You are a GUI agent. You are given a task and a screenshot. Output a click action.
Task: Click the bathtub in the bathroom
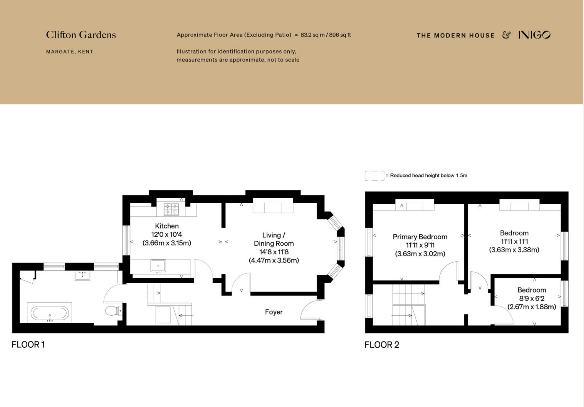pos(50,313)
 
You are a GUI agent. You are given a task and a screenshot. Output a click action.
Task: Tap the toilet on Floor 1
pos(114,310)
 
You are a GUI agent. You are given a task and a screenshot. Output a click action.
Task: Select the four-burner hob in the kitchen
pos(171,209)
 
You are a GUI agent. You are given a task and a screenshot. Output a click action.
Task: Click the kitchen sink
pos(158,266)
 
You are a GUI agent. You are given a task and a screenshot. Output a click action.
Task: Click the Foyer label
pos(274,312)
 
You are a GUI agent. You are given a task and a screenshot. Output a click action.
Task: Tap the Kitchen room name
pos(167,226)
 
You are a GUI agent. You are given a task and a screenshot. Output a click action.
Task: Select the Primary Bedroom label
pos(420,237)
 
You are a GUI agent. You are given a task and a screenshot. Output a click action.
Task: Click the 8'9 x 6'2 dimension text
pos(532,298)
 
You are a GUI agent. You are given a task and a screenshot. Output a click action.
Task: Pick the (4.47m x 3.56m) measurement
pos(274,260)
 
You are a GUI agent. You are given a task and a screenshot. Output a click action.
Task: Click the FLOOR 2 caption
pos(382,345)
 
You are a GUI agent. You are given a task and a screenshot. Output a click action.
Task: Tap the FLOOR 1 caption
pos(28,344)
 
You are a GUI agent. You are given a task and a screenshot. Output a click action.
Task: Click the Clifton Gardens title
pos(81,35)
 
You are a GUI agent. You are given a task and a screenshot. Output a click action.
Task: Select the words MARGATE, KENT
pos(70,52)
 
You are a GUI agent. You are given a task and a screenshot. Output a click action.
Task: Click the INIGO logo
pos(534,35)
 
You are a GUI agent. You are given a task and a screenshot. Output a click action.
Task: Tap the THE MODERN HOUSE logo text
pos(455,35)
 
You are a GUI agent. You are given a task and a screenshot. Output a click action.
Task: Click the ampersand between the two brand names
pos(506,35)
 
